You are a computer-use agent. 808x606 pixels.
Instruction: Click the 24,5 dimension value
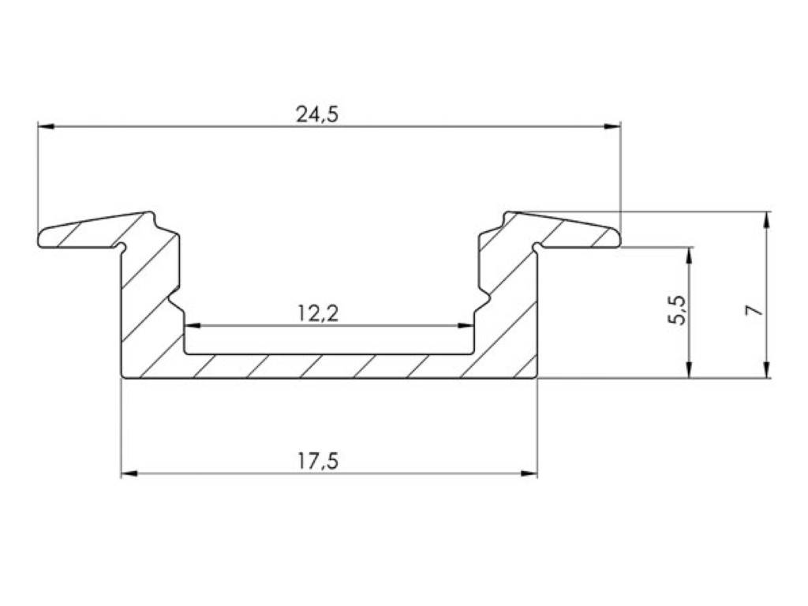tap(317, 114)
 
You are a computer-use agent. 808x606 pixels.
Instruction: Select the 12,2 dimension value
tap(318, 313)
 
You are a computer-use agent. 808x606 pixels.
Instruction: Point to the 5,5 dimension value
tap(678, 311)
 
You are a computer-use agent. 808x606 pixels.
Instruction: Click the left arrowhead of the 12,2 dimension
tap(193, 325)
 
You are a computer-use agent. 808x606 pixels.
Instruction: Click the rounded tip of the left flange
tap(41, 238)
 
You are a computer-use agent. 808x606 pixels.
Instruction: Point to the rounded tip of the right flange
tap(617, 237)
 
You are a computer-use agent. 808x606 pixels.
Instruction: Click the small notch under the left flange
tap(122, 247)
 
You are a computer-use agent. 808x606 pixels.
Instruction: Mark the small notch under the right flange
tap(537, 247)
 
